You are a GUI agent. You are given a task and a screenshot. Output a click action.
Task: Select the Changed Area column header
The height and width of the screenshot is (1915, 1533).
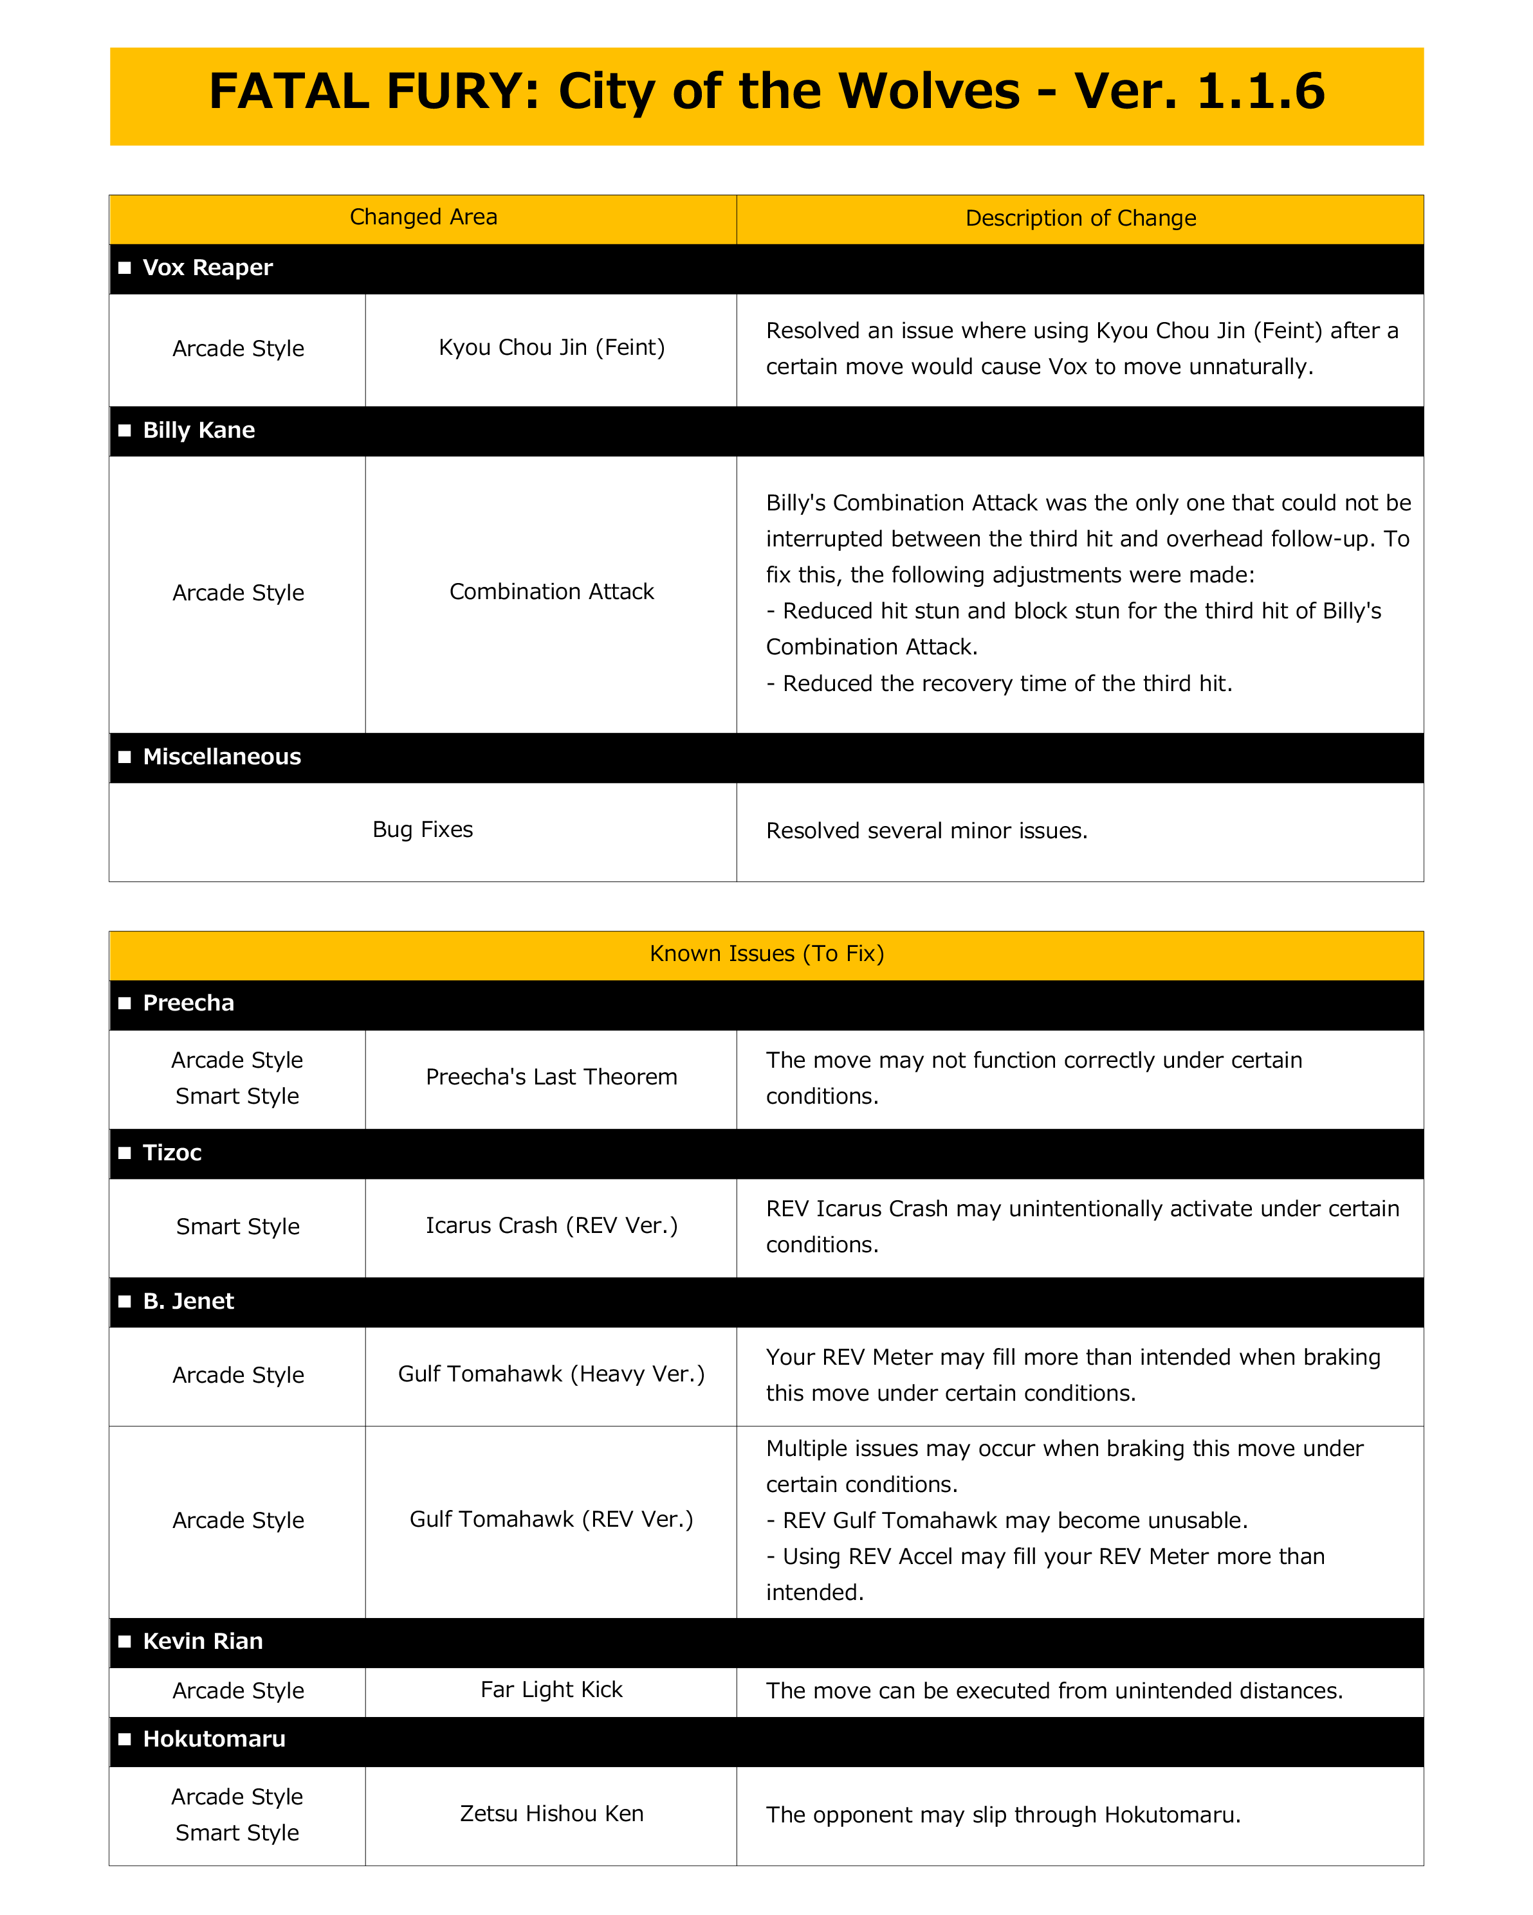click(423, 218)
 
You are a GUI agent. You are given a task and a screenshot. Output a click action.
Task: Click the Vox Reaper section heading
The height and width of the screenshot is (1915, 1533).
click(207, 268)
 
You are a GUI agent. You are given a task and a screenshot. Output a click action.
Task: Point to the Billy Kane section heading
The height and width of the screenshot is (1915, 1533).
click(198, 431)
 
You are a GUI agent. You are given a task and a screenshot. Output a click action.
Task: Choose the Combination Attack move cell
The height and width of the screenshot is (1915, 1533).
click(551, 591)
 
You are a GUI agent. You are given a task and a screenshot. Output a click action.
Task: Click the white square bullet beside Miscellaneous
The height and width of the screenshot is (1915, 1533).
click(124, 757)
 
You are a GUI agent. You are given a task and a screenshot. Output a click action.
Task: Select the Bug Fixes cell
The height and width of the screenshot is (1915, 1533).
click(423, 830)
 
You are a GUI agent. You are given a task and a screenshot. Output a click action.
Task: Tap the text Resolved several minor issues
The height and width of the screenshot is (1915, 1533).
click(926, 831)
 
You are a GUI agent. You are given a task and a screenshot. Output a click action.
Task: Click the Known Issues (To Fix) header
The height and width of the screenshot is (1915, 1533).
click(766, 954)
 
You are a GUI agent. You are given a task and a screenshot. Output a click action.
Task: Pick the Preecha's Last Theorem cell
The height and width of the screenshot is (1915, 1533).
click(551, 1077)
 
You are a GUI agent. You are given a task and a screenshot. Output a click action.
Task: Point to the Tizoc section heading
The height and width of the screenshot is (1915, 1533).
click(172, 1153)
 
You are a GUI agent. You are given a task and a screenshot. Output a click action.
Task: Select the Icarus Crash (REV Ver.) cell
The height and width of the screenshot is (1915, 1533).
click(551, 1226)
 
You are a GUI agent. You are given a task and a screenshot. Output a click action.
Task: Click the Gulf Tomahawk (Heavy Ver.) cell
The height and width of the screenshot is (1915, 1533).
click(551, 1374)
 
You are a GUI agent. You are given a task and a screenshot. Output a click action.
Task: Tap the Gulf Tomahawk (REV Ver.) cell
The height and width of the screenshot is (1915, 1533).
click(551, 1520)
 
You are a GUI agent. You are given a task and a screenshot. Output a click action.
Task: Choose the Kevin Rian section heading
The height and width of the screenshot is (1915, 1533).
click(203, 1641)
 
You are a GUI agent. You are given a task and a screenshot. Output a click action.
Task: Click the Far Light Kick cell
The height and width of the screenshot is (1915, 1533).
click(551, 1690)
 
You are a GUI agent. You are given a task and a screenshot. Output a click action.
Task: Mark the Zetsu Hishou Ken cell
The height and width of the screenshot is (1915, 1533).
click(551, 1813)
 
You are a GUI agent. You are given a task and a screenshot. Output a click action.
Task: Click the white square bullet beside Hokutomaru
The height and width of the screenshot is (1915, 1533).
click(124, 1739)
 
